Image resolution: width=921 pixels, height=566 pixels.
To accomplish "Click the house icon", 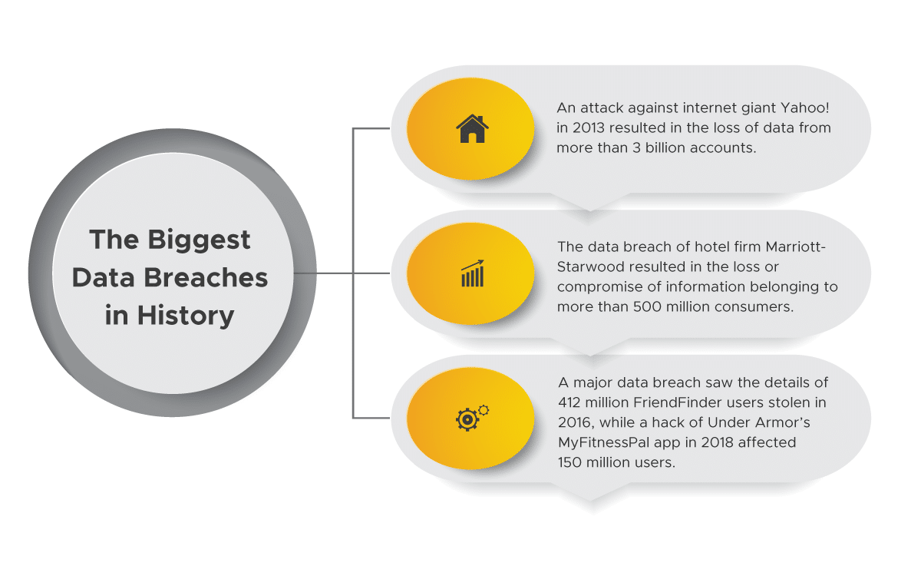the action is [472, 128].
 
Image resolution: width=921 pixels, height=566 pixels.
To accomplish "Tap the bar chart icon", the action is [473, 273].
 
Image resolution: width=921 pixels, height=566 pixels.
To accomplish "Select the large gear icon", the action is [467, 419].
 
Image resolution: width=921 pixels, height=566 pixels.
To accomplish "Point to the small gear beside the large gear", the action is [484, 410].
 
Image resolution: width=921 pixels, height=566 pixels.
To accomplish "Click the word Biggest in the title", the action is [199, 240].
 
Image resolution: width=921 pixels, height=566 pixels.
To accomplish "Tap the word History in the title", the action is [186, 316].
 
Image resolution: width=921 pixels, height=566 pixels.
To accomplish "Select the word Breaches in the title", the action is [206, 277].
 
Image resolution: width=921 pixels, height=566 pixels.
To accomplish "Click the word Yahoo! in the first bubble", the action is [804, 108].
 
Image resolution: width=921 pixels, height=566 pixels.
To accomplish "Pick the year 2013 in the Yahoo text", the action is [589, 128].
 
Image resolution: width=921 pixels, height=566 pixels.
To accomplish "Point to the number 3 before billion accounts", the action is [636, 147].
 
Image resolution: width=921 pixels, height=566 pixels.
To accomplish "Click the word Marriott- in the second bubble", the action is [795, 247].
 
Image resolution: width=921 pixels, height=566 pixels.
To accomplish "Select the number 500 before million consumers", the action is [648, 307].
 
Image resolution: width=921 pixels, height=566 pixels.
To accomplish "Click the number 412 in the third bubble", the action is [569, 402].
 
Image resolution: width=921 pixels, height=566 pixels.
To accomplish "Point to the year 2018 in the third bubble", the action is [717, 442].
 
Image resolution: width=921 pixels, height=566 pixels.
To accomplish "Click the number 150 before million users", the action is [569, 462].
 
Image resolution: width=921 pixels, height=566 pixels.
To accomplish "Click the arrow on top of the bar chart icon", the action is [473, 264].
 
